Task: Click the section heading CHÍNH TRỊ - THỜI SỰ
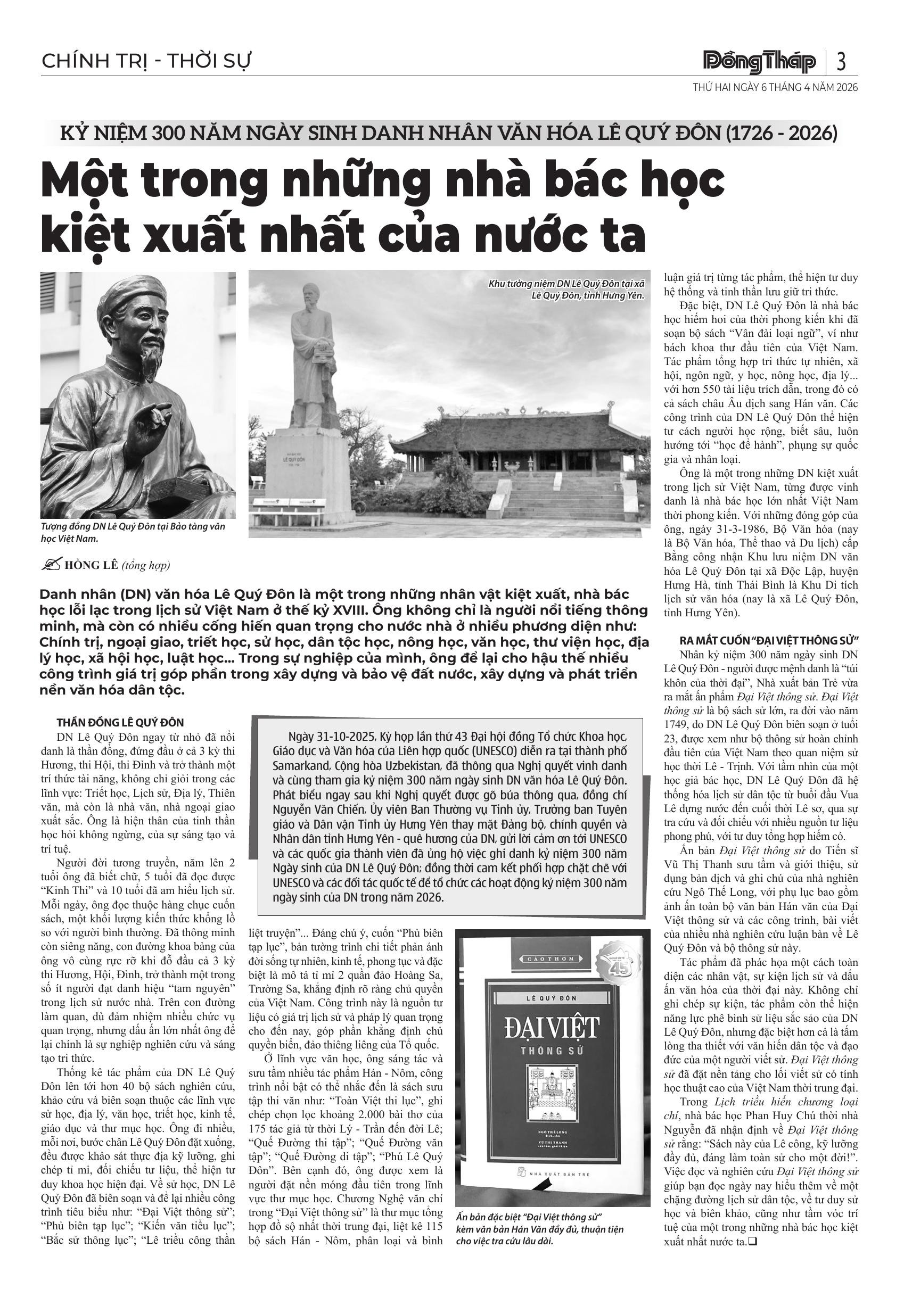pyautogui.click(x=146, y=61)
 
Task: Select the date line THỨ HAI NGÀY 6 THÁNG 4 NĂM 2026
pyautogui.click(x=775, y=88)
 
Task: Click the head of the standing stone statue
pyautogui.click(x=310, y=295)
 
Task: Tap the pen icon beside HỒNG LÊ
pyautogui.click(x=52, y=565)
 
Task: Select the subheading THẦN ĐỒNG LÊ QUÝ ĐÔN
pyautogui.click(x=120, y=723)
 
